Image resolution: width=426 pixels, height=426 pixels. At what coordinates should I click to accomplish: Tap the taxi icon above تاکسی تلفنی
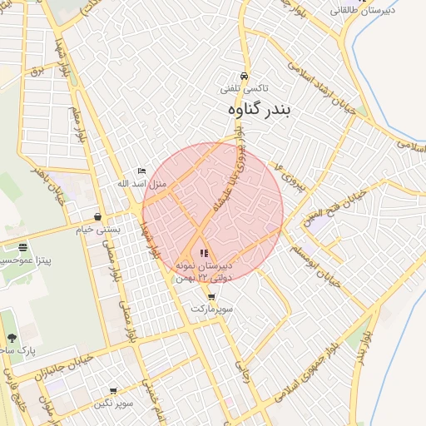(244, 76)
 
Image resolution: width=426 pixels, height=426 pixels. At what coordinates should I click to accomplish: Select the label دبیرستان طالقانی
(384, 11)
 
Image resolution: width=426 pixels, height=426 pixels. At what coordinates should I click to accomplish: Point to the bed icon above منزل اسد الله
(141, 171)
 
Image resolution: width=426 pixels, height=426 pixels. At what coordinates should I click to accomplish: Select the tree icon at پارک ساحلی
(12, 338)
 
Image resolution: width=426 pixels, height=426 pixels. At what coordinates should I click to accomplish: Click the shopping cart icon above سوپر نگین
(113, 390)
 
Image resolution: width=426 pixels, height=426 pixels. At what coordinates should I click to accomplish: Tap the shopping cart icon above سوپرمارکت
(211, 296)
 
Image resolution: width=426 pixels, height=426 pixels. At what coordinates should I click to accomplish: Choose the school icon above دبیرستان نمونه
(205, 252)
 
